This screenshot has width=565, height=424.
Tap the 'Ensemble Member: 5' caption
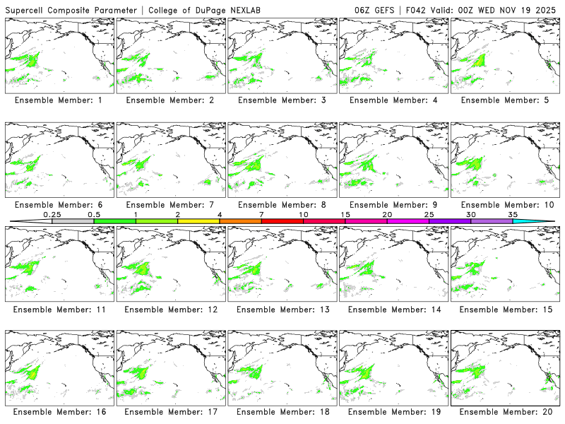point(504,100)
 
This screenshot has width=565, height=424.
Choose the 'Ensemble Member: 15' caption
point(504,310)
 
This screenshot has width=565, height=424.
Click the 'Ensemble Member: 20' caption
point(504,412)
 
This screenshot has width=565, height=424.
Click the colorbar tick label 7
point(261,214)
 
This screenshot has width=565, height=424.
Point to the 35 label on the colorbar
point(513,214)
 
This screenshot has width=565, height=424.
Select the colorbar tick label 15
point(345,214)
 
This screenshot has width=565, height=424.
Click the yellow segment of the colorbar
point(198,221)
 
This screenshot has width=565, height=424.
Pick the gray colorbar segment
point(73,221)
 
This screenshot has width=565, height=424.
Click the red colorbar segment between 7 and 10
point(282,221)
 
